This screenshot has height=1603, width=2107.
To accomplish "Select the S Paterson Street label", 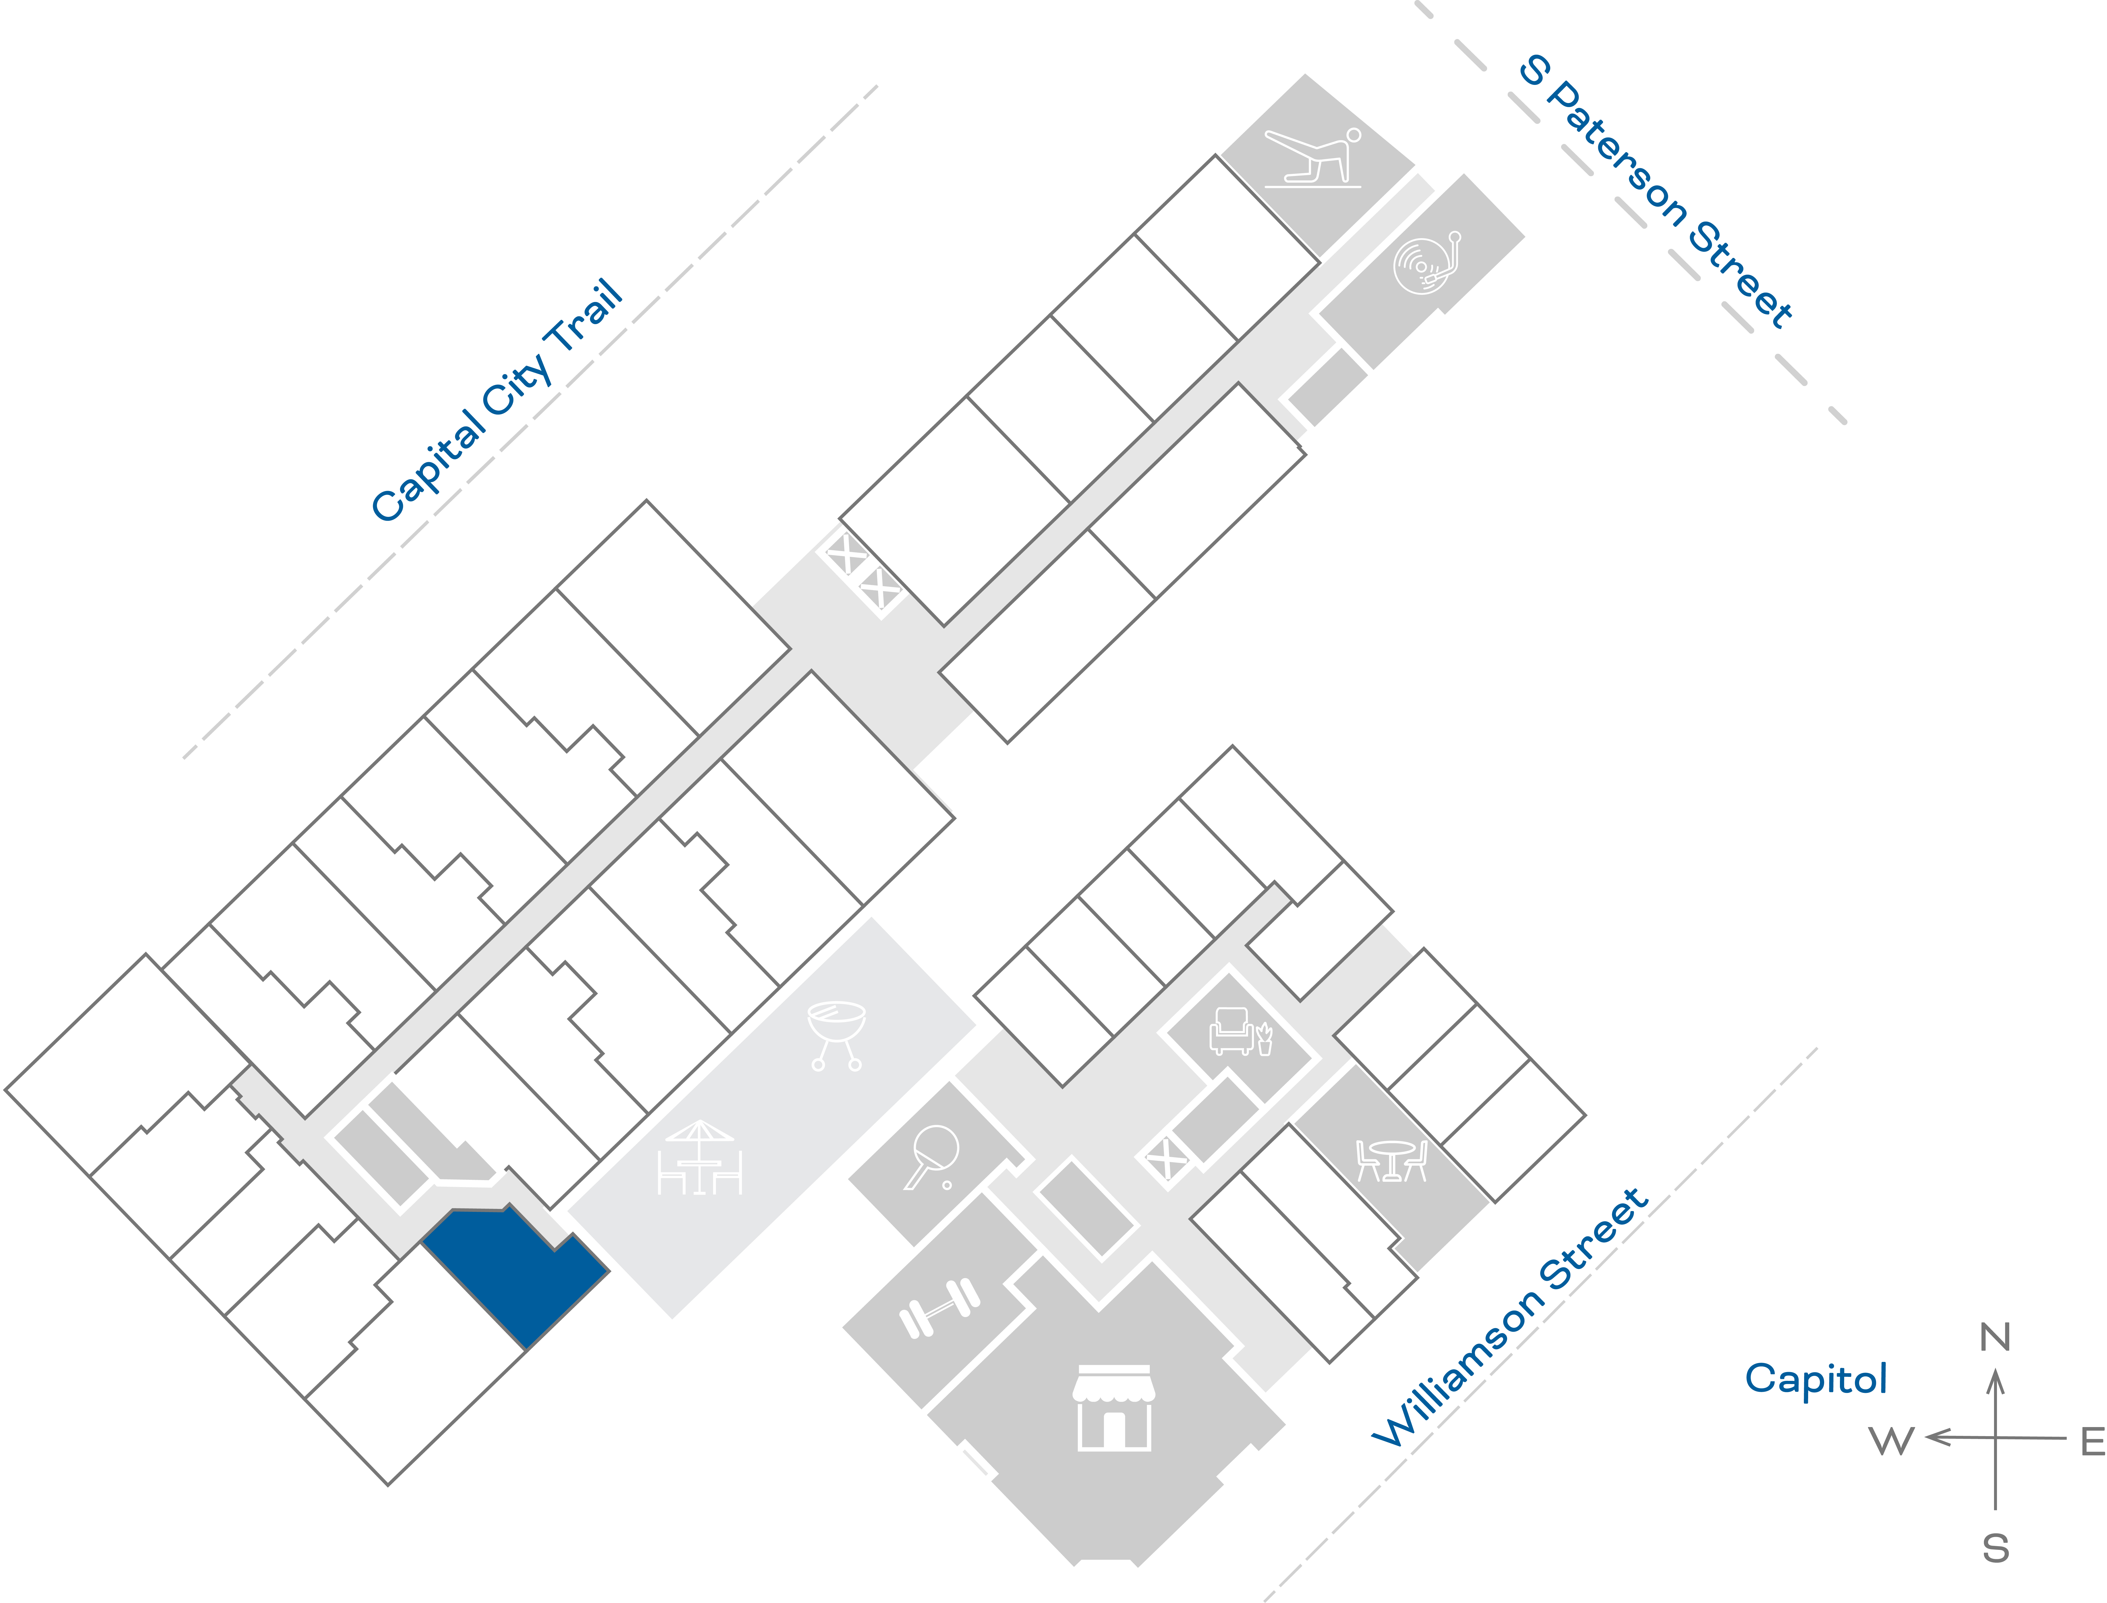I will pos(1656,191).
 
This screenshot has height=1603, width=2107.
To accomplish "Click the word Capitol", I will pos(1815,1379).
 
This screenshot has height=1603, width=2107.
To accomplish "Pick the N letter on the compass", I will pos(1994,1338).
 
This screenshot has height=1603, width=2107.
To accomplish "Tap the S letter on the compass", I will pos(1994,1548).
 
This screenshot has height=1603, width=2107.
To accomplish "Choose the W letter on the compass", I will pos(1891,1441).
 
